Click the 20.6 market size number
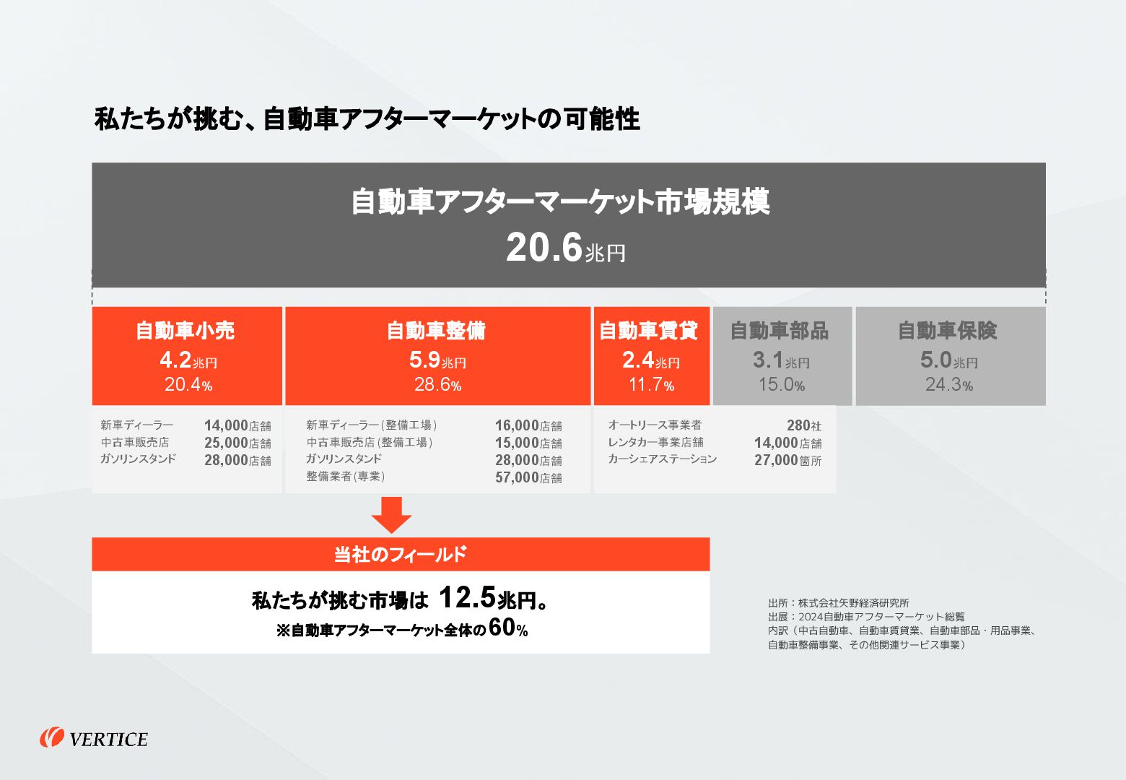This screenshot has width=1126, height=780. (x=544, y=248)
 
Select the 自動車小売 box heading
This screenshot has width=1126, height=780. (x=186, y=331)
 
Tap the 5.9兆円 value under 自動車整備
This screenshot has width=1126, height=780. (x=437, y=360)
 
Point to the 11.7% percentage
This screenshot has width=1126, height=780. (x=651, y=385)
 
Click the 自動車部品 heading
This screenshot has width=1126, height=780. (x=780, y=331)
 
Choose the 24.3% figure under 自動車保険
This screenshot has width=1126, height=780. (x=949, y=385)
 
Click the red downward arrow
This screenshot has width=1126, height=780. (x=391, y=514)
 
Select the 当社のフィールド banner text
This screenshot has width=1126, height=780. (x=400, y=555)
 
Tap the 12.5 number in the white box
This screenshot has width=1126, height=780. (x=467, y=598)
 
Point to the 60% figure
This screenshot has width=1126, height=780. (x=508, y=628)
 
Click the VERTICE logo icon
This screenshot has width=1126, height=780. (x=52, y=737)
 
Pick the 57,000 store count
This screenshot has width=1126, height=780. (x=517, y=477)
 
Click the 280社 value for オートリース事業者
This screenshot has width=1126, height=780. (x=803, y=425)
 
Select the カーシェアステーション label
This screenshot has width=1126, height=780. (x=662, y=459)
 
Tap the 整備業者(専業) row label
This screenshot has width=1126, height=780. (x=345, y=477)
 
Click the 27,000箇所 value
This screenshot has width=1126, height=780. (x=787, y=460)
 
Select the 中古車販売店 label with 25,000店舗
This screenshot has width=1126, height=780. (x=135, y=442)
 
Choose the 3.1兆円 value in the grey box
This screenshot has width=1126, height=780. (x=780, y=360)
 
